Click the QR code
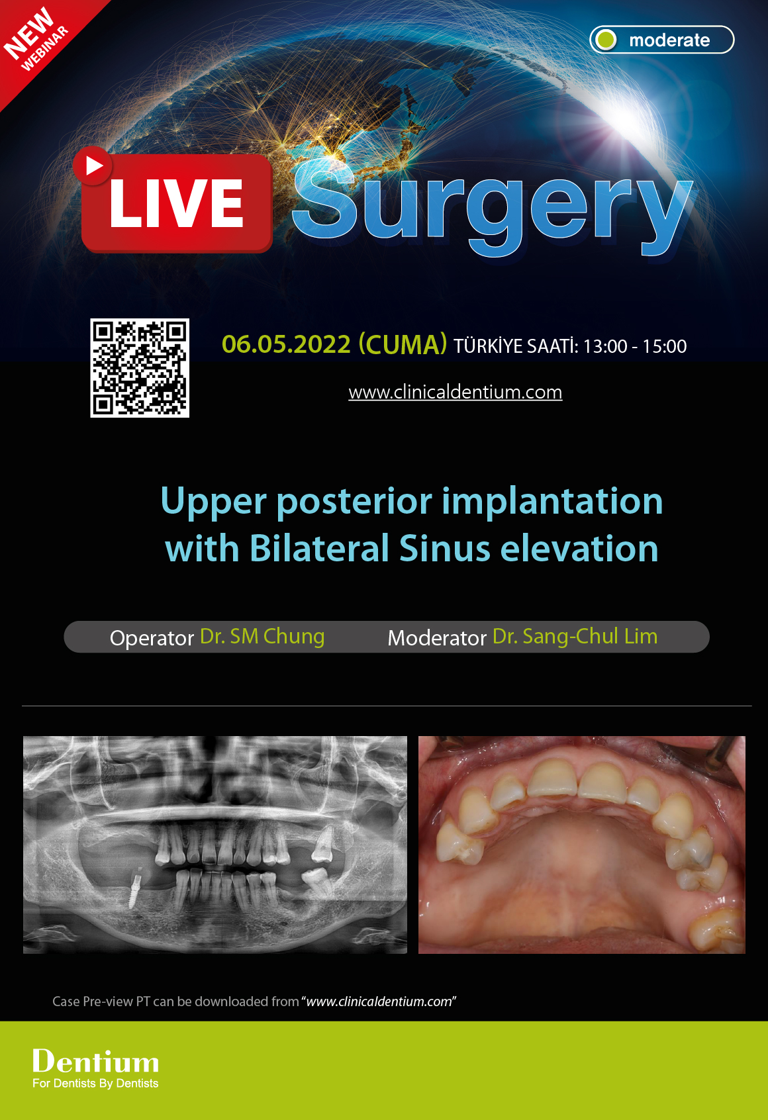tap(140, 368)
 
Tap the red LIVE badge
tap(177, 204)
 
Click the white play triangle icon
tap(94, 165)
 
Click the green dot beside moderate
tap(605, 40)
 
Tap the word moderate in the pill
tap(669, 40)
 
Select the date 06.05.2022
tap(286, 345)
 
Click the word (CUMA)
tap(403, 345)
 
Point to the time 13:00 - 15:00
tap(634, 346)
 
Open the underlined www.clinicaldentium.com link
tap(456, 392)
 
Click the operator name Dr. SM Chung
tap(262, 637)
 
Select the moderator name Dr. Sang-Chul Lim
tap(575, 637)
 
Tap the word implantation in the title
tap(552, 501)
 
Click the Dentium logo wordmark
tap(96, 1061)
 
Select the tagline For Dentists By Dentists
tap(95, 1084)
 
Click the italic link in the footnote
tap(379, 1002)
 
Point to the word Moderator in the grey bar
tap(437, 637)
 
